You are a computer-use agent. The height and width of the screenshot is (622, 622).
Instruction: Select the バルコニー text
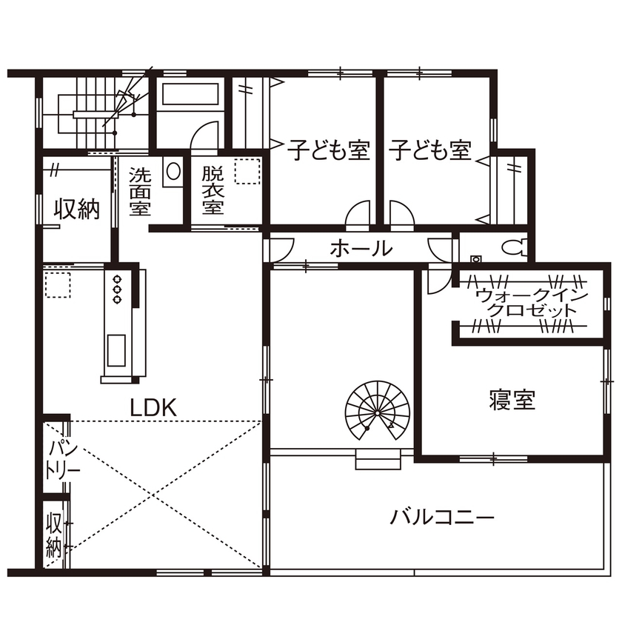442,516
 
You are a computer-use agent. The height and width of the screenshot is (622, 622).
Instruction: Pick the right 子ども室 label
431,150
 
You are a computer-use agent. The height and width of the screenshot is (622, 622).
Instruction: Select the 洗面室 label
140,191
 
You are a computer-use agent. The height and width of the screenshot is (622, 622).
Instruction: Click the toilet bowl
512,247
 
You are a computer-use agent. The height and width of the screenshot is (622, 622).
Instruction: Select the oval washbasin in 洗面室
173,172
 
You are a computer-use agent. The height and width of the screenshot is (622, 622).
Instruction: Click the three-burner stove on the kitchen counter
117,290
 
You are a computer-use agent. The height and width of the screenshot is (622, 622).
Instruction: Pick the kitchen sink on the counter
117,350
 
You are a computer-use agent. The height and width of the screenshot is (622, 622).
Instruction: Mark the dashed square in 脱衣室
247,173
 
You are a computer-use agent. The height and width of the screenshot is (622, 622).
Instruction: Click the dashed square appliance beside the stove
57,284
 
